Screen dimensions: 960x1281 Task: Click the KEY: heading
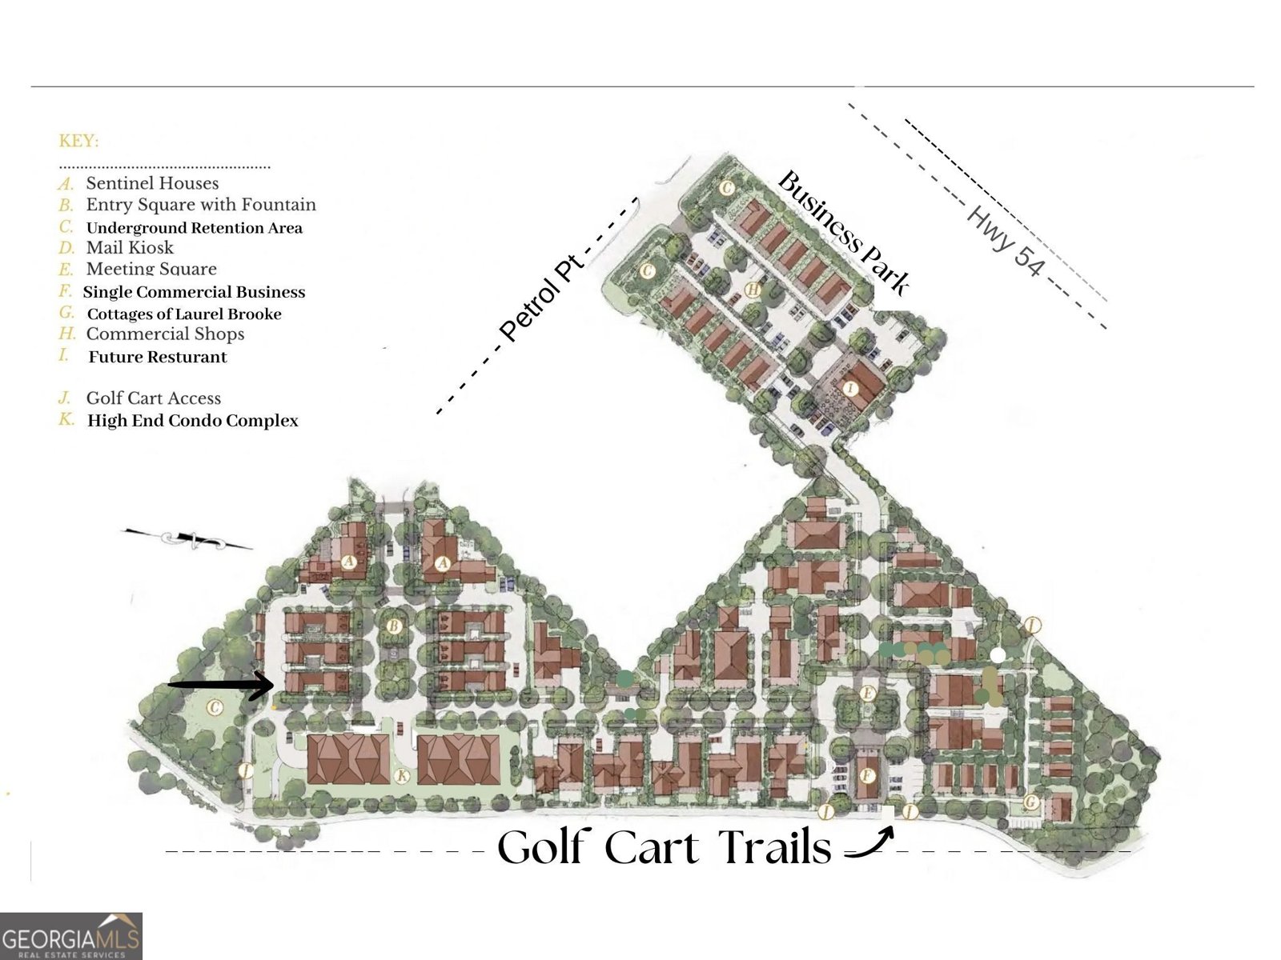pyautogui.click(x=78, y=142)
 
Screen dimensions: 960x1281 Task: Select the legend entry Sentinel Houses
pyautogui.click(x=151, y=183)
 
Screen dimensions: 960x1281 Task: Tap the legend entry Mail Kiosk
pyautogui.click(x=129, y=248)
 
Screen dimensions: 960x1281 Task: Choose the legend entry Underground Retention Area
pyautogui.click(x=194, y=228)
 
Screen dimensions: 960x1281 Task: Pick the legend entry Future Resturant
pyautogui.click(x=157, y=357)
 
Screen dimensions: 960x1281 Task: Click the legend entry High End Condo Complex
pyautogui.click(x=192, y=421)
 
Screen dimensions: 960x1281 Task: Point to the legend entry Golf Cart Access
pyautogui.click(x=153, y=398)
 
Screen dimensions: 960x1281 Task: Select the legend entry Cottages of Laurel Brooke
pyautogui.click(x=183, y=314)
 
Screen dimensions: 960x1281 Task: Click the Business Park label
pyautogui.click(x=843, y=232)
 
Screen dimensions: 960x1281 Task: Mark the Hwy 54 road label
pyautogui.click(x=1006, y=241)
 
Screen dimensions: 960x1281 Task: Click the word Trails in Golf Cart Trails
pyautogui.click(x=773, y=847)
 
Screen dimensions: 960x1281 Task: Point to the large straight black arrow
pyautogui.click(x=222, y=685)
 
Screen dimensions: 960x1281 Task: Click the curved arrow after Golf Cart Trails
pyautogui.click(x=869, y=843)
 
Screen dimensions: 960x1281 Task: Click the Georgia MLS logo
pyautogui.click(x=71, y=936)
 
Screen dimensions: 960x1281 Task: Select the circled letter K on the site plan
pyautogui.click(x=403, y=776)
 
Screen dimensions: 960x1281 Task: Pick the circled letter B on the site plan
pyautogui.click(x=393, y=627)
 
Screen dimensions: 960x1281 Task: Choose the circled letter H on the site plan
pyautogui.click(x=753, y=290)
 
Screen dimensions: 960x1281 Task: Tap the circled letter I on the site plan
pyautogui.click(x=851, y=389)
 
